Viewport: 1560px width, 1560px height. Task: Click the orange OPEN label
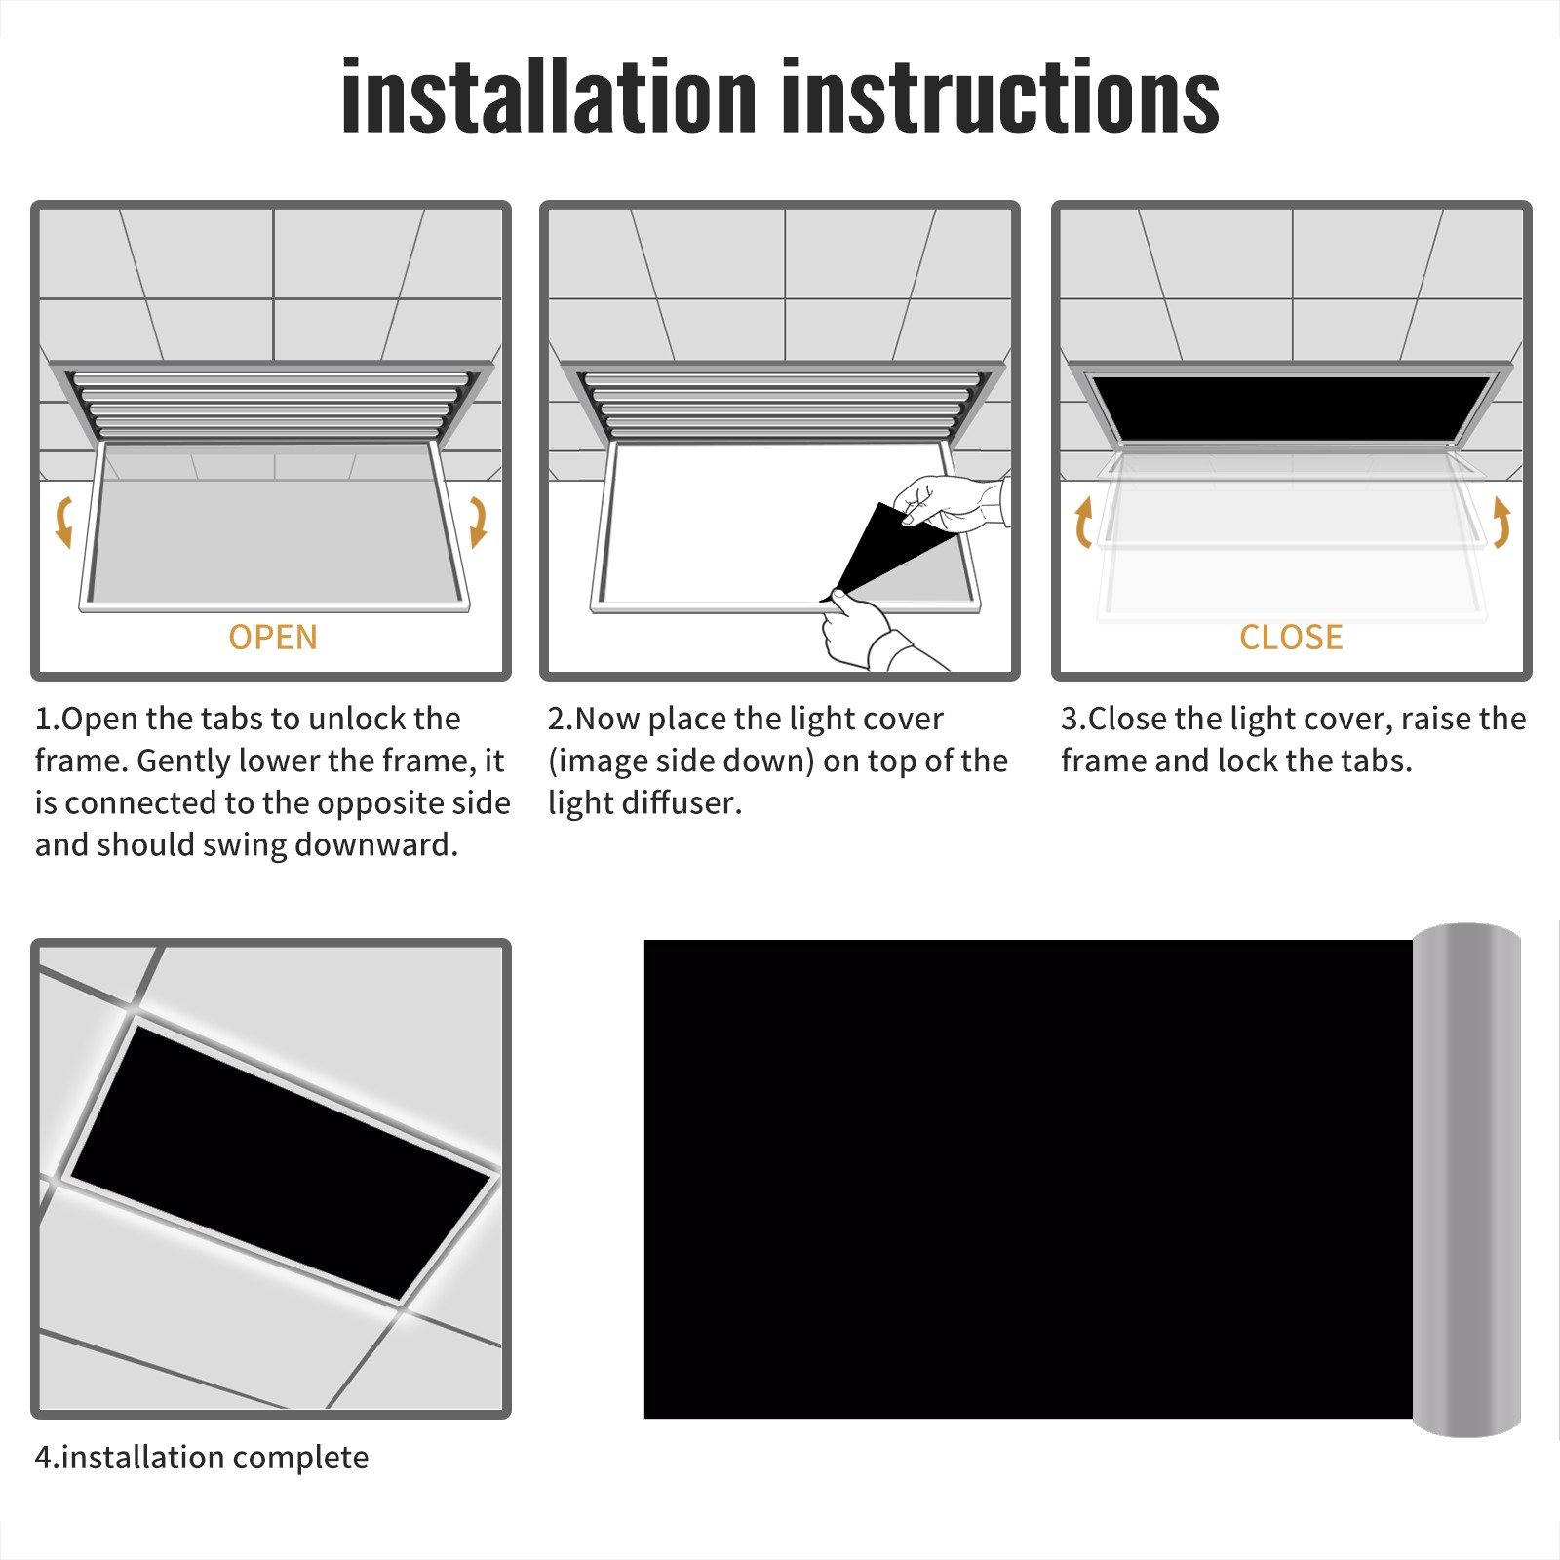[273, 637]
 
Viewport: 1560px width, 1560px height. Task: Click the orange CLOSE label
[1291, 637]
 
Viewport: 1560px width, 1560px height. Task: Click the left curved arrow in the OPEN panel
[63, 522]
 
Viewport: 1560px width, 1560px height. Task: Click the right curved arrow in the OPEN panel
[478, 522]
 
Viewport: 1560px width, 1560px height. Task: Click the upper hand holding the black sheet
[951, 502]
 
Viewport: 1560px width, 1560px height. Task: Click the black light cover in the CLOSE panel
[1291, 408]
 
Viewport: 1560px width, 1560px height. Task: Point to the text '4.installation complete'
[202, 1458]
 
